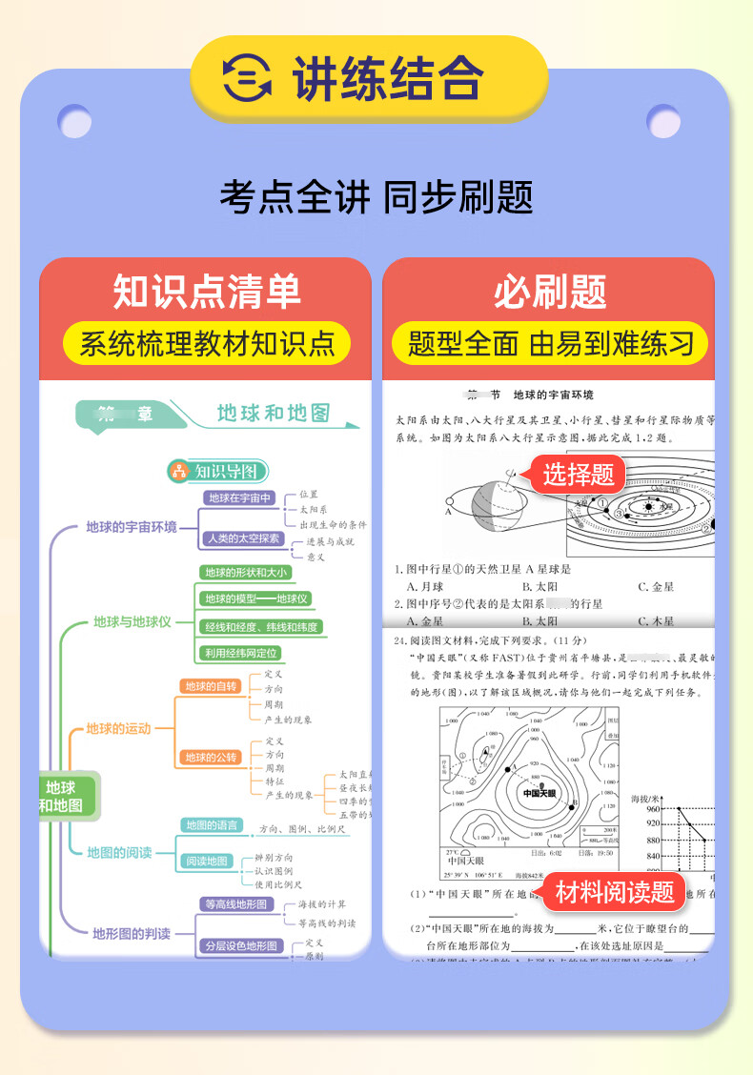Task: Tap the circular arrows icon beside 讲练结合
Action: [246, 79]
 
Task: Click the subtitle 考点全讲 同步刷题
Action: [376, 198]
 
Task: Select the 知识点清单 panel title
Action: [206, 291]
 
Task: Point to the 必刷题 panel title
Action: [549, 291]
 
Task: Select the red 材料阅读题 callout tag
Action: [614, 892]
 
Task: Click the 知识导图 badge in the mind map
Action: [218, 470]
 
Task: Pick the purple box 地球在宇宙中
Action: [240, 497]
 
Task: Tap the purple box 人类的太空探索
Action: [244, 538]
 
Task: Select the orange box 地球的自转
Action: [211, 686]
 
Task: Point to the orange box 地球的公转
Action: [211, 757]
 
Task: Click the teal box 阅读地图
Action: [206, 861]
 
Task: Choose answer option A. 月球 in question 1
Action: [425, 587]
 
